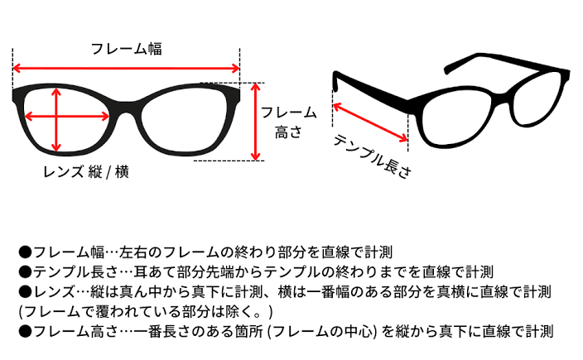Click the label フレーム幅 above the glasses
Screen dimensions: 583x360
(x=127, y=49)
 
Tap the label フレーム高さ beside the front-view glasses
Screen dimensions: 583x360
(x=288, y=122)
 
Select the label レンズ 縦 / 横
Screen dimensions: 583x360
(x=86, y=172)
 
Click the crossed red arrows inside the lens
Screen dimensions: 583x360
(x=58, y=118)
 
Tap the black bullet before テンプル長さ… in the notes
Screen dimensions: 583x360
(x=25, y=271)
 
